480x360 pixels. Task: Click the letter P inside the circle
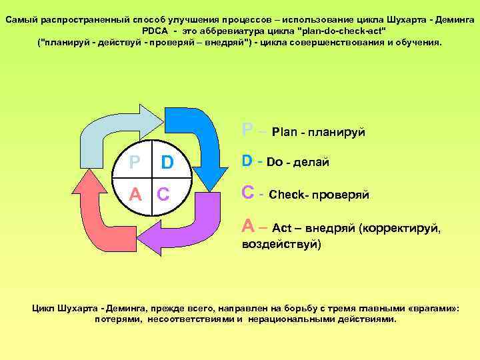(135, 163)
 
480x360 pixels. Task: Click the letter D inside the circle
(167, 163)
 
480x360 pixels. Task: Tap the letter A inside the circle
(135, 194)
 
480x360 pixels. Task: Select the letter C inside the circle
(163, 194)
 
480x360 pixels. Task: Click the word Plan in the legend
(285, 131)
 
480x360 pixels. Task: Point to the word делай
(311, 162)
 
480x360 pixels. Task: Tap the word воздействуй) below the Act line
(280, 244)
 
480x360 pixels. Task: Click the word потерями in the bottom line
(117, 319)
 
